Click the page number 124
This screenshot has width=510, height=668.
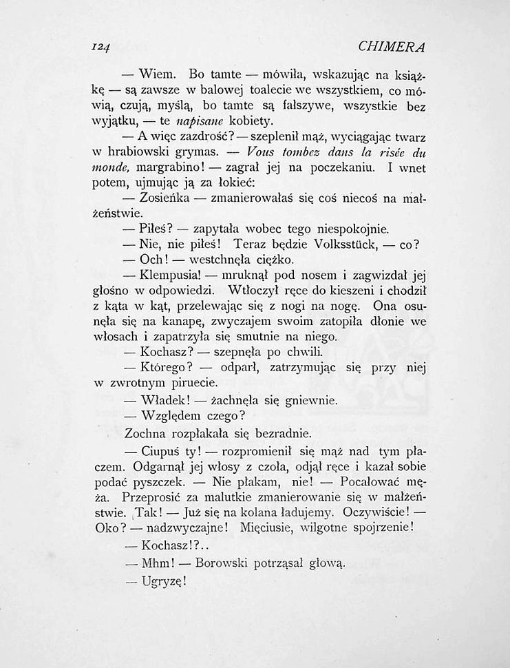coord(100,48)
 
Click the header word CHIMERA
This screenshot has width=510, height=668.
coord(392,48)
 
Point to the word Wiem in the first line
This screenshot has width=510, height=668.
coord(160,73)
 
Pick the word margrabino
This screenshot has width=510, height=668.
coord(169,167)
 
